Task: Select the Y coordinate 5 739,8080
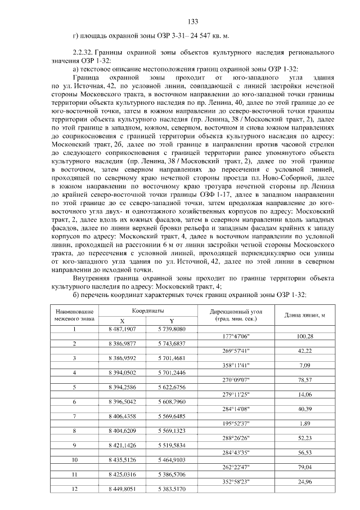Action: [x=171, y=329]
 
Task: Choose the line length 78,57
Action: [x=304, y=380]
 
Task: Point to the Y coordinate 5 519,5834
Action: [x=171, y=445]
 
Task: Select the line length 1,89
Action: [x=304, y=423]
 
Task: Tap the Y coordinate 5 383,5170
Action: [x=171, y=489]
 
